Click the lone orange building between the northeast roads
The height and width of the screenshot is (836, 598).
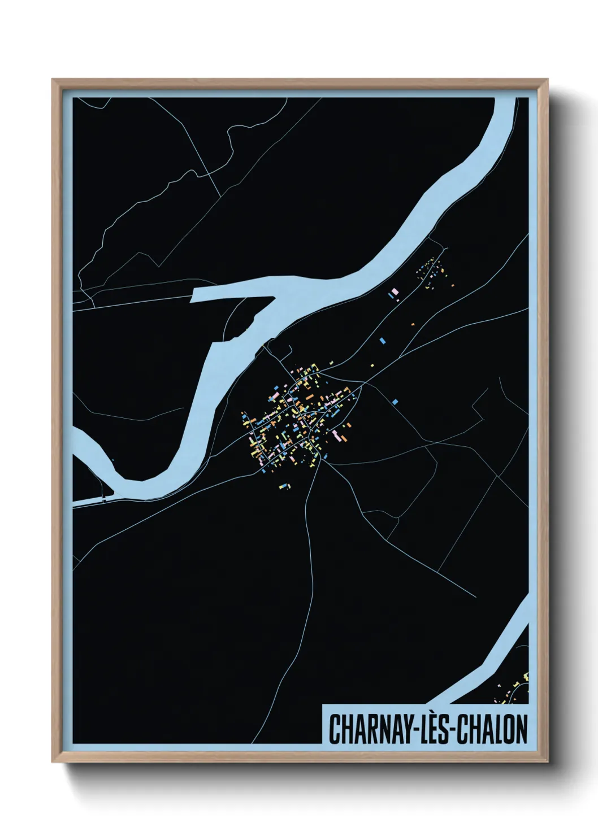(413, 324)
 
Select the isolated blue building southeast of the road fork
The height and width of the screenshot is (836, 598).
(395, 402)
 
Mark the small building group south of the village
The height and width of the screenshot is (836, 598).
(285, 485)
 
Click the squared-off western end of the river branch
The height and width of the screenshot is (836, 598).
(193, 295)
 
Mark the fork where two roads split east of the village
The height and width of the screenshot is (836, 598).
(362, 384)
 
